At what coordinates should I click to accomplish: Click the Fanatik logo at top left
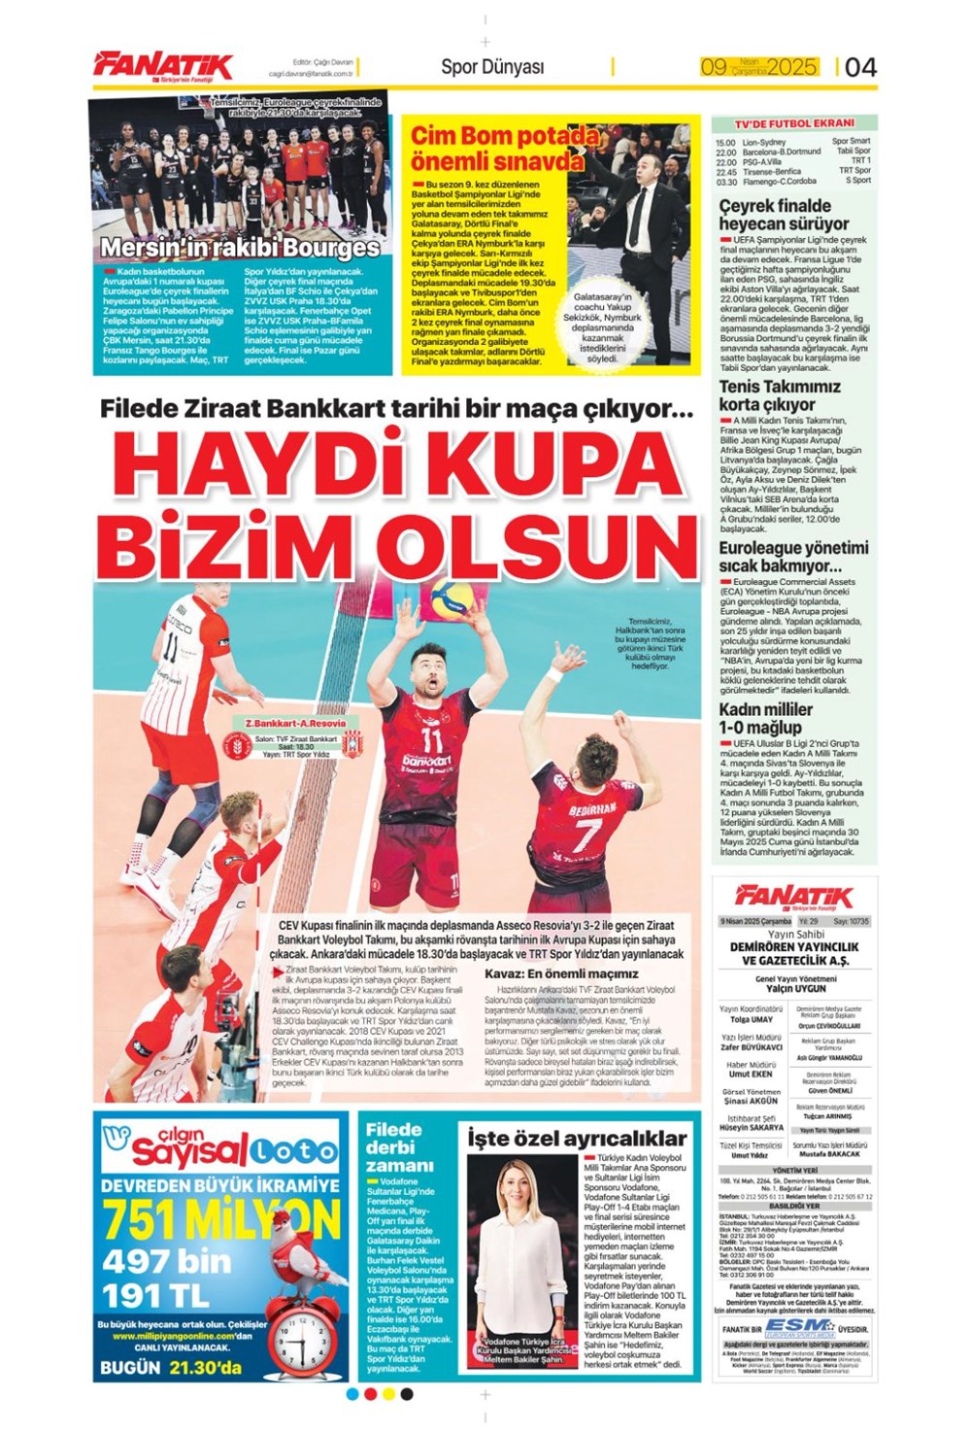[163, 65]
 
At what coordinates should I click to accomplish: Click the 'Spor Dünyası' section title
[492, 66]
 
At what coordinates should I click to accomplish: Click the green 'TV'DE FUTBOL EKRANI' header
[793, 123]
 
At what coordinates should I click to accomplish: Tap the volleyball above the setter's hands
[452, 598]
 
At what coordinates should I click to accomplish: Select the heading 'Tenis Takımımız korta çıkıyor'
[780, 395]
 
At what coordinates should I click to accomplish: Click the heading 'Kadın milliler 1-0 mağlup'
[766, 718]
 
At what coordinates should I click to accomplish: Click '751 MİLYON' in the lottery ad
[220, 1219]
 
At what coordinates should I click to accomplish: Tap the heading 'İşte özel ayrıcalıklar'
[577, 1138]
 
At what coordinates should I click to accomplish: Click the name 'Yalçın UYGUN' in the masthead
[795, 988]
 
